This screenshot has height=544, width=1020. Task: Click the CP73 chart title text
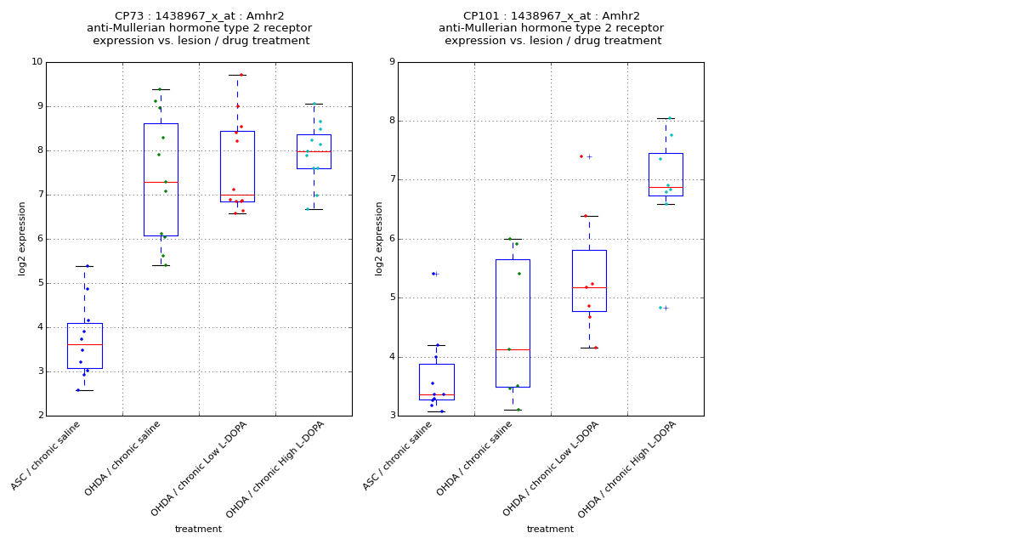click(200, 28)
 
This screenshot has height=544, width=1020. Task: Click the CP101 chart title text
click(552, 28)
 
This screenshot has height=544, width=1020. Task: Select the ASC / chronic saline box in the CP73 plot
click(84, 345)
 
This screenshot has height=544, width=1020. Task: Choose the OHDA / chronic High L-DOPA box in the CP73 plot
click(314, 151)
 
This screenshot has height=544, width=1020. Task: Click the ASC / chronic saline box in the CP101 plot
click(436, 382)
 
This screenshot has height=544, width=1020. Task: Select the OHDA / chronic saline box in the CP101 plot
click(513, 323)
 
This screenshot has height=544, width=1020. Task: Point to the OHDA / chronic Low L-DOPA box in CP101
click(589, 280)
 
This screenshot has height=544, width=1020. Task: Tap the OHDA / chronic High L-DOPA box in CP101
click(666, 174)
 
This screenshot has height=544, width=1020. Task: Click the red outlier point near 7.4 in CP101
click(581, 156)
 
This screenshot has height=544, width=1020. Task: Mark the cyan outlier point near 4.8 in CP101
click(660, 308)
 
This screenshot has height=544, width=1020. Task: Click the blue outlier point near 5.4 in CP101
click(433, 274)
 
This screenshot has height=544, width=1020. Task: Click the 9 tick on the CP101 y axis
click(390, 62)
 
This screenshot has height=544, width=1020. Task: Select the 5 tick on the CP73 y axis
click(38, 283)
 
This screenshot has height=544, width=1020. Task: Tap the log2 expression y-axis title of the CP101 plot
click(379, 238)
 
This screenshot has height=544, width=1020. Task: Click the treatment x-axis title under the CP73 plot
click(198, 529)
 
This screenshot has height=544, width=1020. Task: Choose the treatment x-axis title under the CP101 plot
click(550, 529)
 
